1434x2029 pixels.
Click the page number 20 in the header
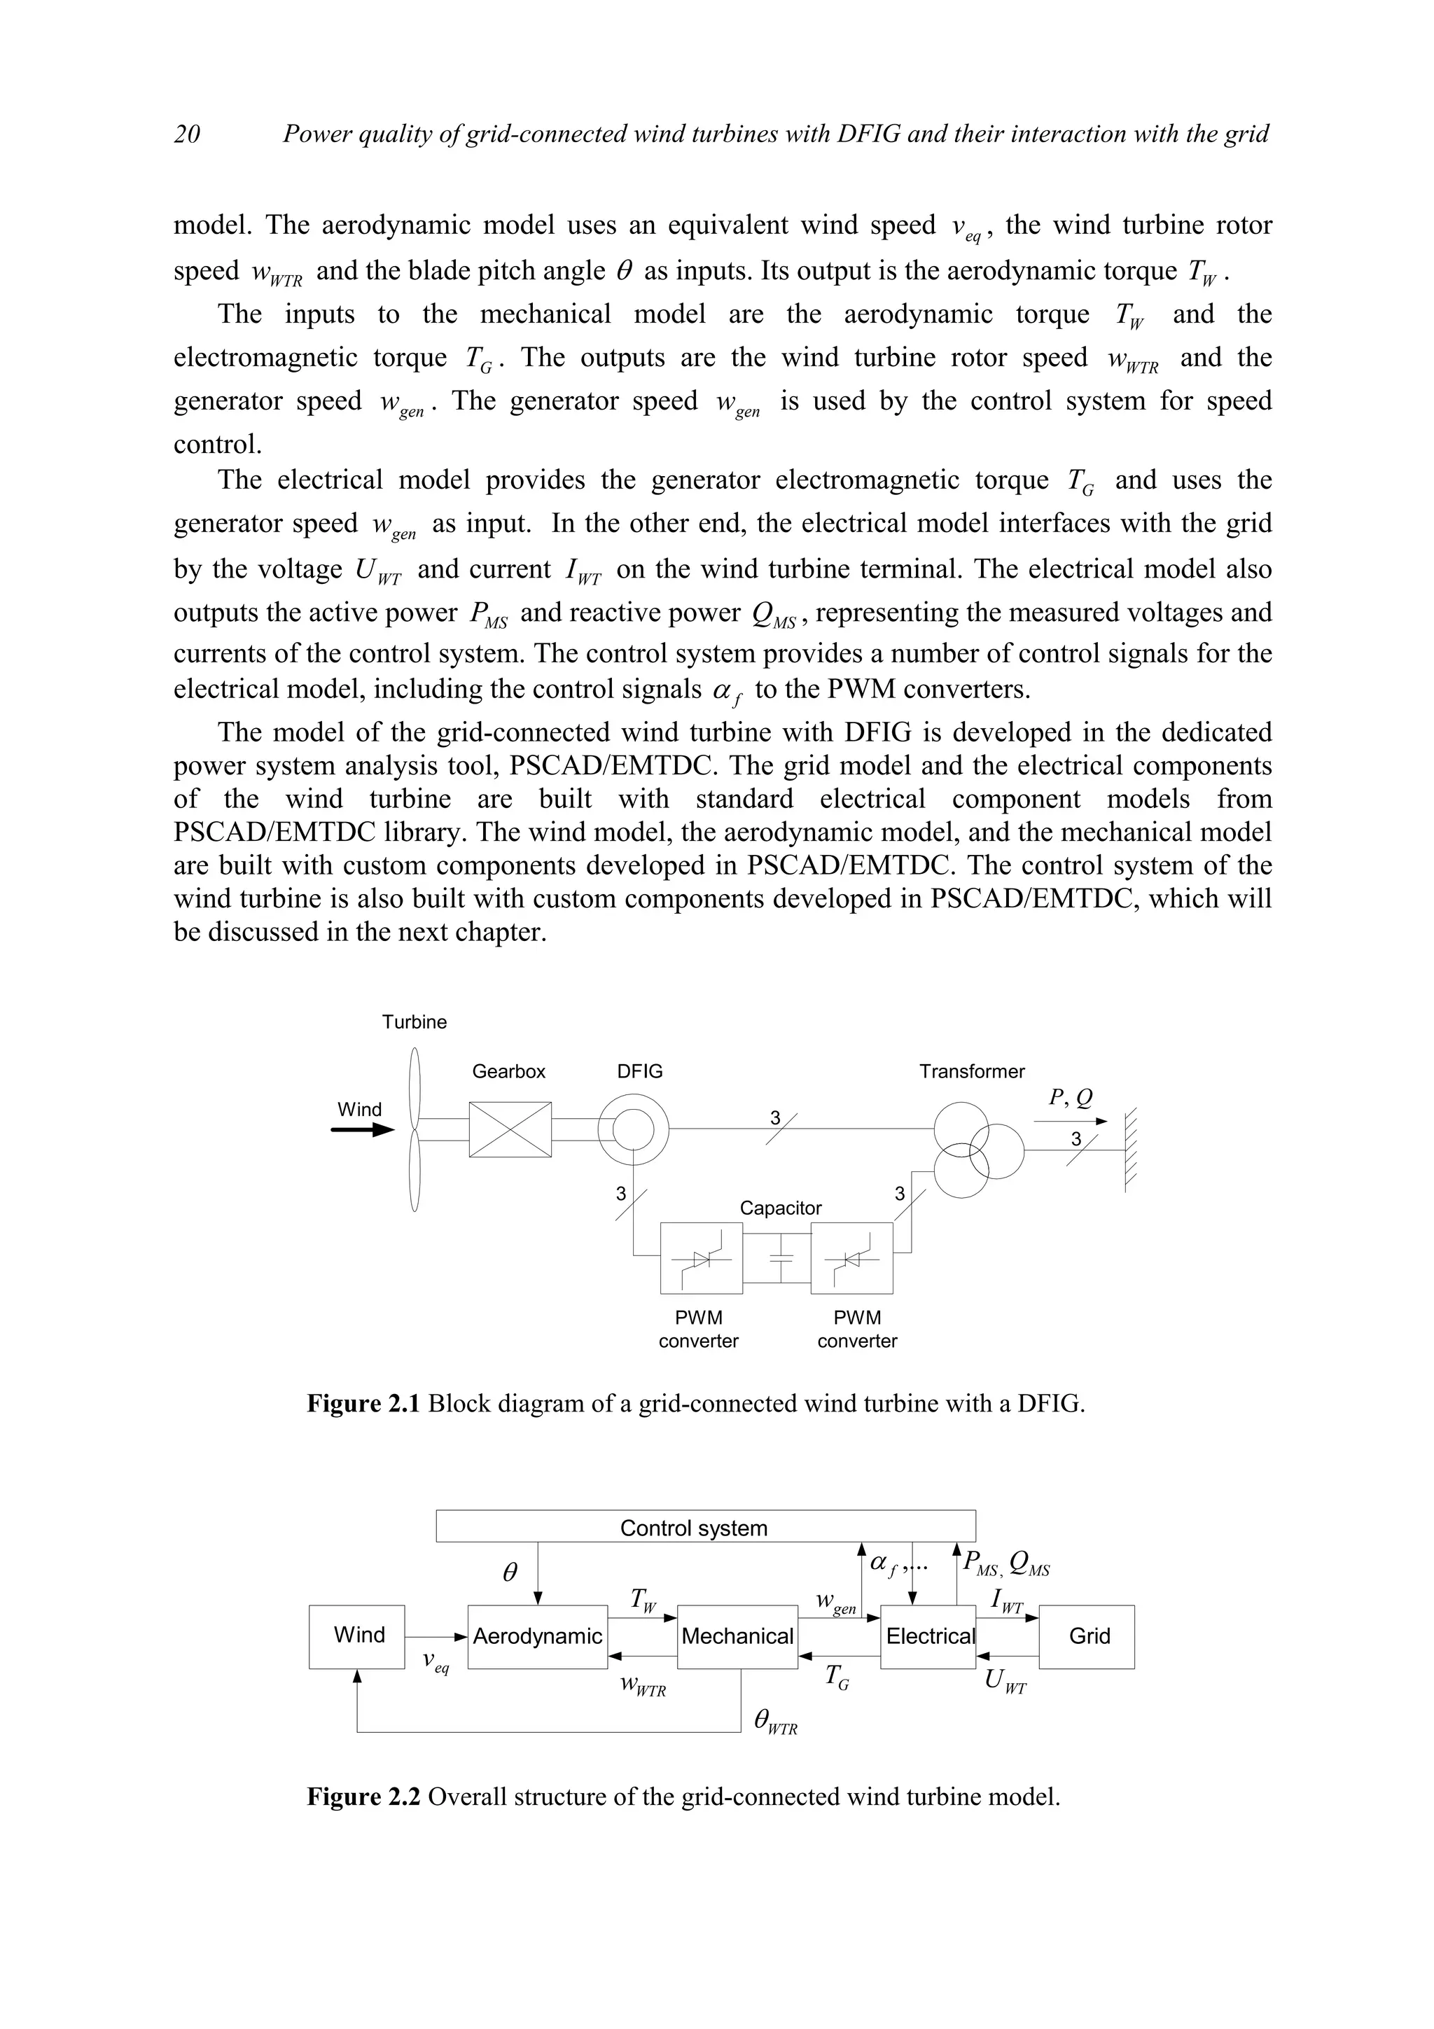(x=188, y=134)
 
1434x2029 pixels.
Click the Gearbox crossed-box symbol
(x=510, y=1129)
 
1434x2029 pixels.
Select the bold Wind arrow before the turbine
(x=362, y=1130)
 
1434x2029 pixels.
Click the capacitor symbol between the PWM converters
(x=777, y=1258)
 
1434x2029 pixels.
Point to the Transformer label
(x=971, y=1071)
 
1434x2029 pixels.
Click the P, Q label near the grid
(x=1070, y=1098)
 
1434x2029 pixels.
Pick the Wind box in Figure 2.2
(x=358, y=1636)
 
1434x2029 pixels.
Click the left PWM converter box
(x=702, y=1258)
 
